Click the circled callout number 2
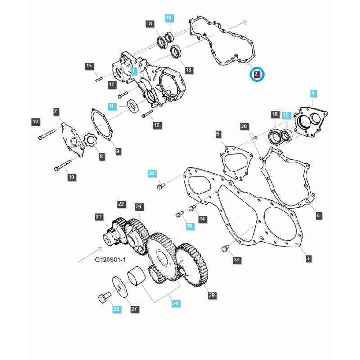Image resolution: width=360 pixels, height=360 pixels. pyautogui.click(x=256, y=74)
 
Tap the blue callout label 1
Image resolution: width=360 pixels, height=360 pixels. pyautogui.click(x=134, y=71)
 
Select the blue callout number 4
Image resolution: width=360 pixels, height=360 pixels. pyautogui.click(x=313, y=94)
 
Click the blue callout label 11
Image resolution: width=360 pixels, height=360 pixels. pyautogui.click(x=112, y=106)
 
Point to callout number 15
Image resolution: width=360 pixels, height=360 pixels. pyautogui.click(x=89, y=66)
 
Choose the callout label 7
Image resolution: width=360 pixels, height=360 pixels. pyautogui.click(x=56, y=112)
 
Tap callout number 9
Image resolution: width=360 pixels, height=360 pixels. pyautogui.click(x=118, y=151)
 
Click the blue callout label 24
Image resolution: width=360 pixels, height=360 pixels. pyautogui.click(x=175, y=303)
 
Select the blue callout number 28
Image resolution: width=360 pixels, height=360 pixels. pyautogui.click(x=117, y=309)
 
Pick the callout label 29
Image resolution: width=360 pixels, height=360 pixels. pyautogui.click(x=212, y=295)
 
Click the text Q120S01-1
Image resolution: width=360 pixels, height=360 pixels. pyautogui.click(x=110, y=260)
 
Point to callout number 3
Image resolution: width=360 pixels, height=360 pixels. pyautogui.click(x=308, y=258)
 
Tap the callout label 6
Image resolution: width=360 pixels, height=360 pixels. pyautogui.click(x=319, y=216)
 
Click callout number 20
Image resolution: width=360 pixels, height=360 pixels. pyautogui.click(x=244, y=126)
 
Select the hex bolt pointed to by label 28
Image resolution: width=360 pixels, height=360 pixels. pyautogui.click(x=104, y=297)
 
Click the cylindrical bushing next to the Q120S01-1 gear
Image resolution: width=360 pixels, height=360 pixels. pyautogui.click(x=136, y=276)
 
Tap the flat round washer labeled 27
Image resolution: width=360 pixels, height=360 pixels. pyautogui.click(x=120, y=287)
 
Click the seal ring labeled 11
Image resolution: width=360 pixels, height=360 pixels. pyautogui.click(x=133, y=106)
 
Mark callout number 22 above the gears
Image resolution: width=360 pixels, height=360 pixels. pyautogui.click(x=121, y=204)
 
